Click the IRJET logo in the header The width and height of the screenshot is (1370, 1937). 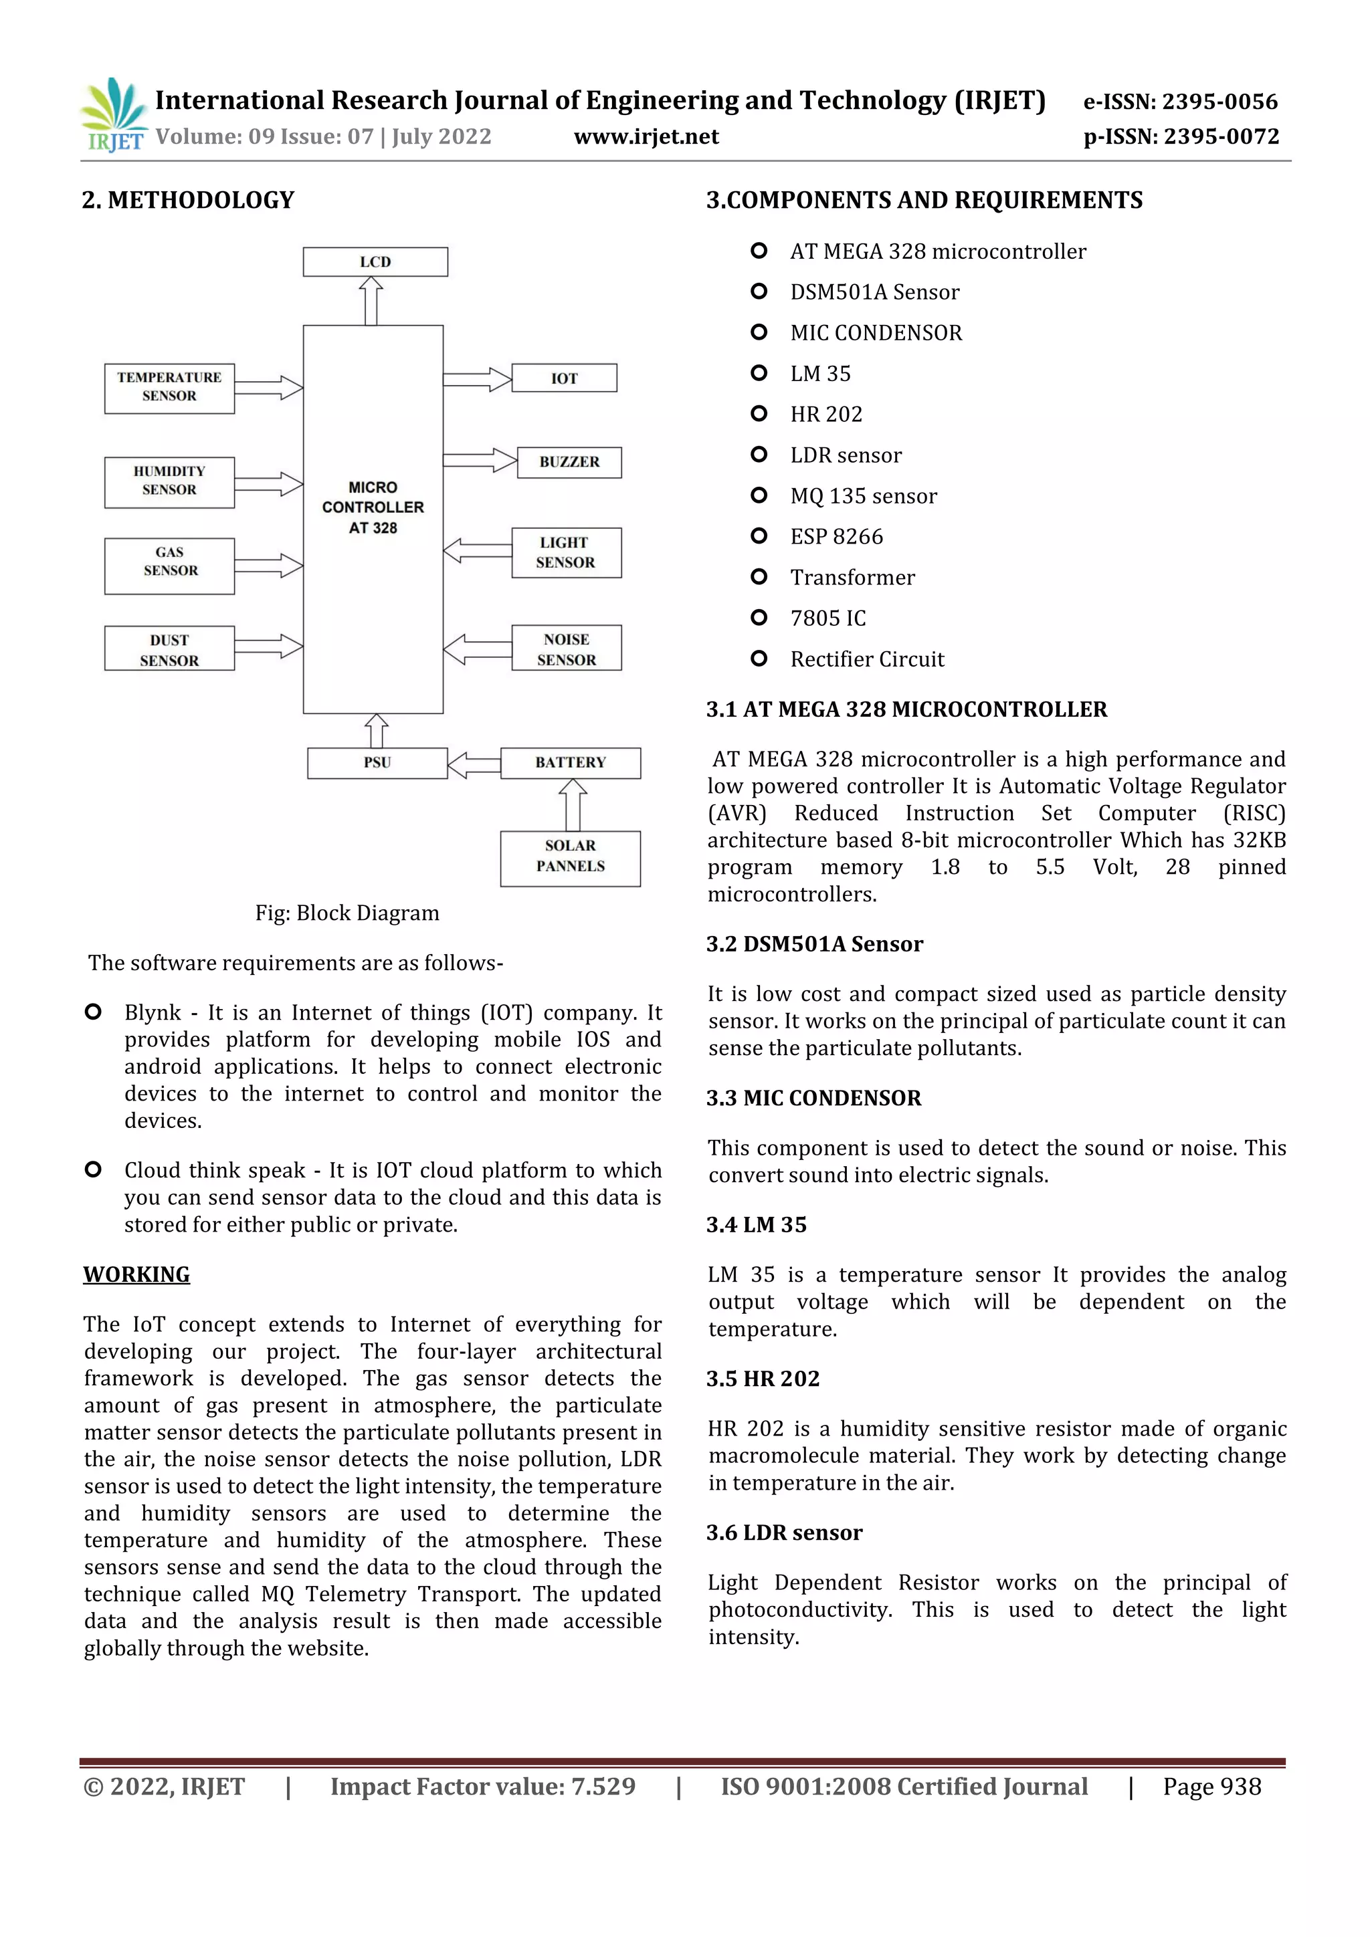coord(114,116)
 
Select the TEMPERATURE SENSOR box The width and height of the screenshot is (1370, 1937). coord(169,387)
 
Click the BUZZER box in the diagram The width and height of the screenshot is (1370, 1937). coord(569,462)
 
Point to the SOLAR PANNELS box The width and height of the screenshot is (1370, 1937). coord(570,857)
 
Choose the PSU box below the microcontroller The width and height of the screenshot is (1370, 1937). coord(377,763)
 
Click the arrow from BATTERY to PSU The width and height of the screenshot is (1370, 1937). coord(474,765)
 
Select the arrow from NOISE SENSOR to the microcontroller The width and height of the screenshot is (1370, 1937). coord(477,649)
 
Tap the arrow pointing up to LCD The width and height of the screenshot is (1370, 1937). coord(371,300)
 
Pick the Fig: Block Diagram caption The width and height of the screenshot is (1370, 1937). coord(347,913)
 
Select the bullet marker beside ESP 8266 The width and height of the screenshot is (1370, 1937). coord(758,536)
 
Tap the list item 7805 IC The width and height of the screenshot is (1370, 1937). coord(827,618)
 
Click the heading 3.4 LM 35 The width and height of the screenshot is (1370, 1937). coord(757,1224)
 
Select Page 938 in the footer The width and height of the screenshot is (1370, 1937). coord(1211,1786)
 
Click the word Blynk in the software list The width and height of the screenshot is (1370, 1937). coord(153,1012)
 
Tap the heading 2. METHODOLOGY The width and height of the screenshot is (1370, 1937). coord(187,200)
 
